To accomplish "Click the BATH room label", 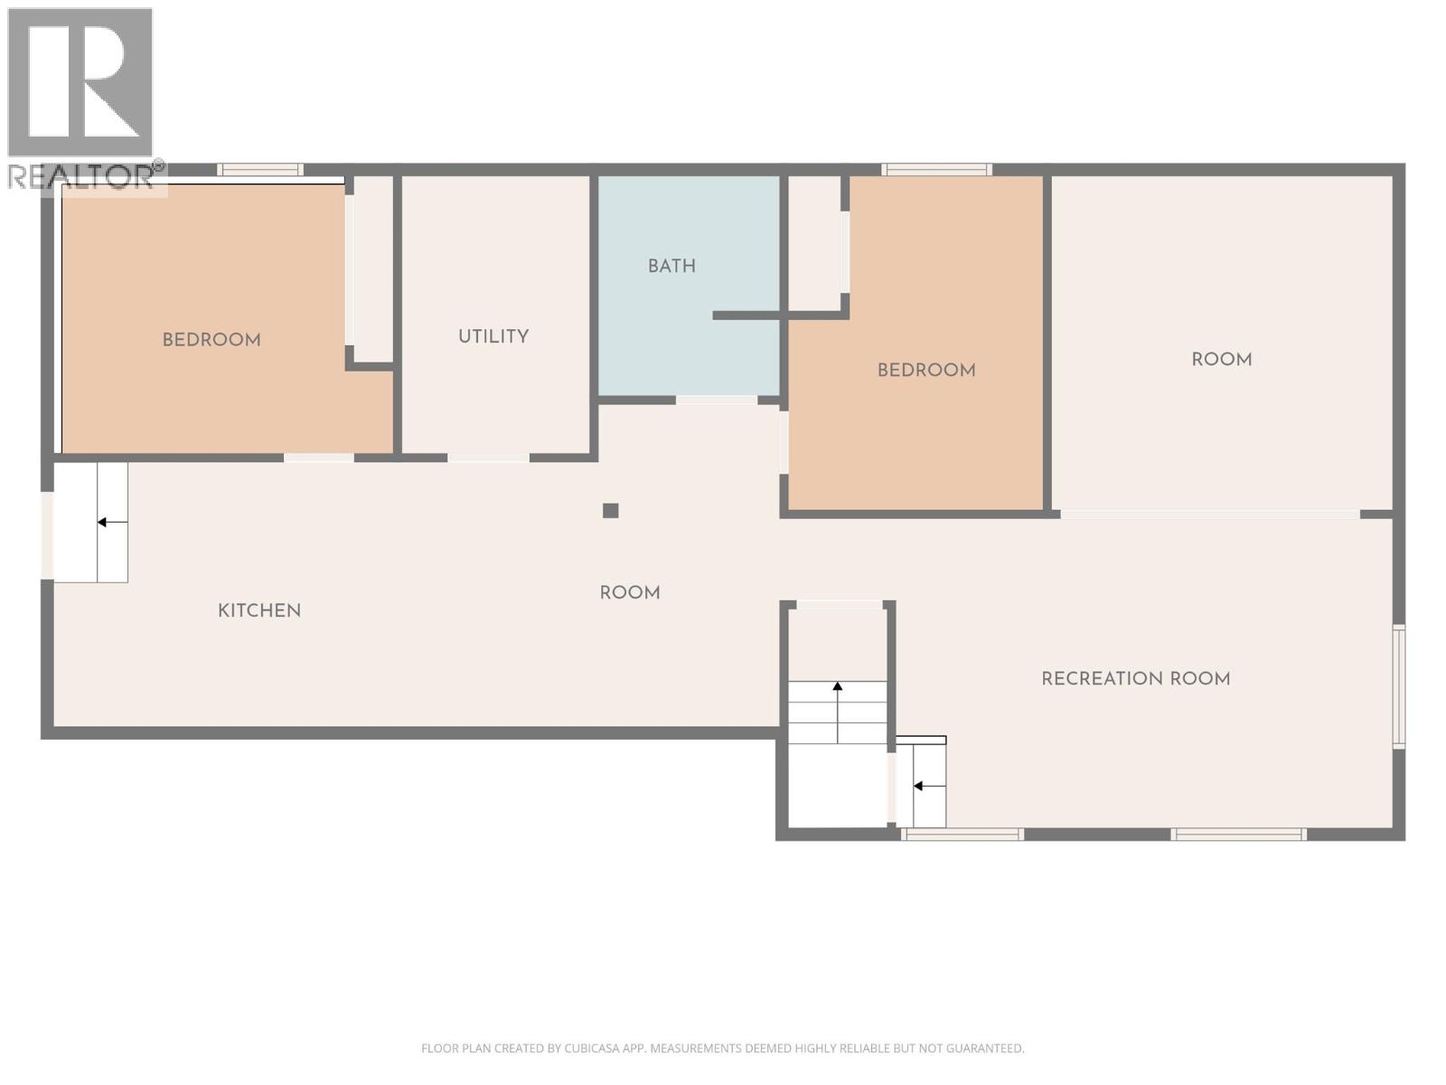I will tap(671, 266).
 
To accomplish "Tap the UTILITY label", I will tap(493, 336).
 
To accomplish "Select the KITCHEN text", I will tap(259, 610).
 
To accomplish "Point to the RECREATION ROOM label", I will tap(1135, 678).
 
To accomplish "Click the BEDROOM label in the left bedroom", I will tap(211, 340).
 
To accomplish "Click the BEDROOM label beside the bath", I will tap(926, 370).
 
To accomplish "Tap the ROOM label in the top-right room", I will tap(1221, 359).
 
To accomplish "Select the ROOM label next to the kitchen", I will tap(630, 593).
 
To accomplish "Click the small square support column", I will tap(611, 511).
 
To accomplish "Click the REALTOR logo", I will tap(81, 99).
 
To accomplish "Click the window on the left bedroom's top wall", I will tap(260, 169).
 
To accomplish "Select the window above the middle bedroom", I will tap(936, 169).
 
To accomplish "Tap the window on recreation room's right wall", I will tap(1398, 686).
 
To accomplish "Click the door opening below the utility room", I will tap(488, 458).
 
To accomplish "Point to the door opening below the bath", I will tap(716, 400).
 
